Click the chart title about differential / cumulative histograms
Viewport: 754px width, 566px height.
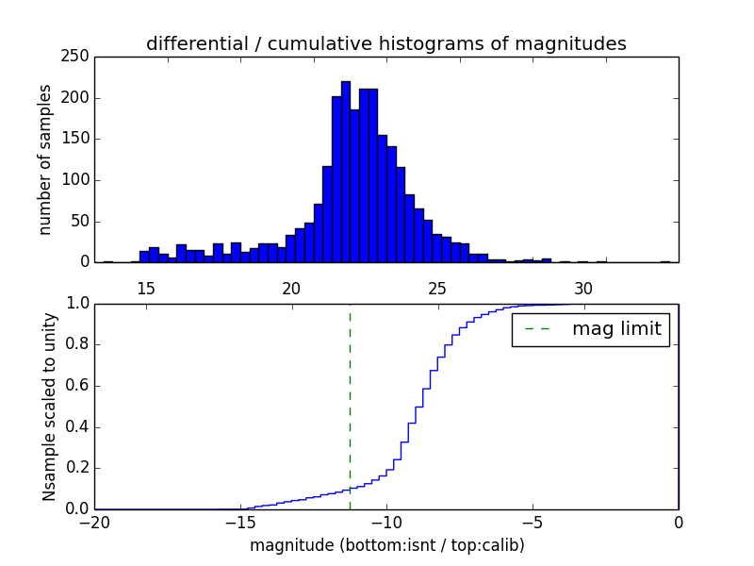386,43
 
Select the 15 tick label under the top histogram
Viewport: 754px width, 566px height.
146,288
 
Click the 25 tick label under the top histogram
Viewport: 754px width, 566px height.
438,288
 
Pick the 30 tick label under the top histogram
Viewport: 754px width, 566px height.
584,288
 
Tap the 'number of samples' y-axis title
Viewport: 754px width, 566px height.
45,159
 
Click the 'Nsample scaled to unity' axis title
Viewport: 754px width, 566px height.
49,407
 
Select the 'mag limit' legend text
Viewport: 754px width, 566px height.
616,329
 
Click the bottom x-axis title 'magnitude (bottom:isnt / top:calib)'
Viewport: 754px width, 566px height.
386,545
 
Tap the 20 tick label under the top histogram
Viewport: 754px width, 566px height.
292,288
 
